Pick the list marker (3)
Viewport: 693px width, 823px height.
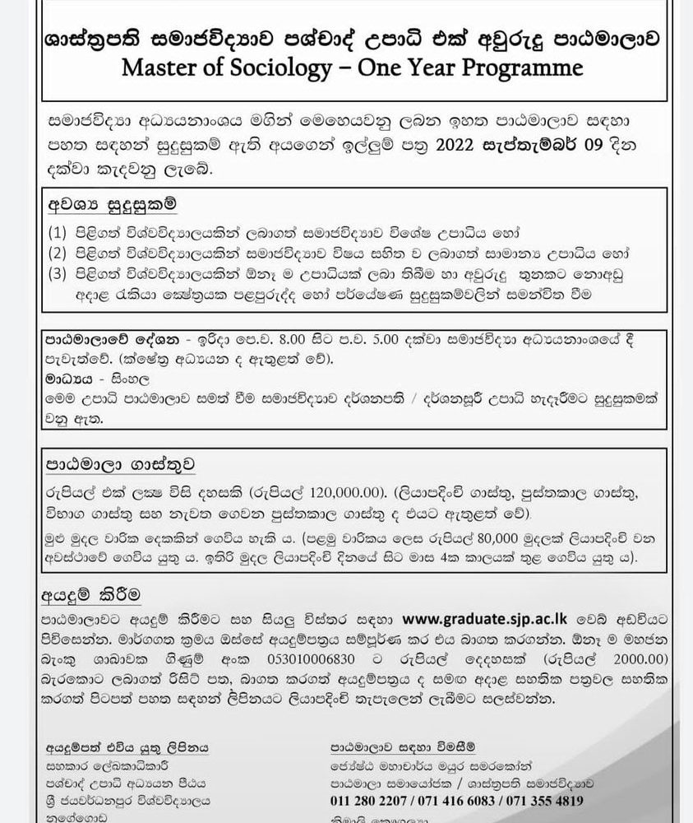60,271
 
